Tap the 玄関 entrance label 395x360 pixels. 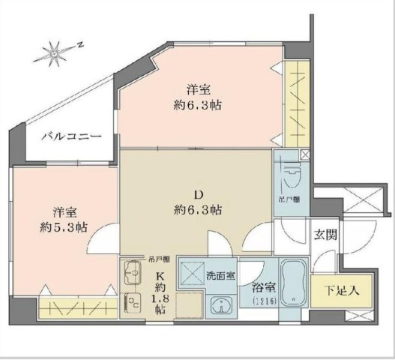[325, 234]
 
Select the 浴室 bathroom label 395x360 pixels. [263, 287]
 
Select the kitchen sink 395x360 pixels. [133, 271]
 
